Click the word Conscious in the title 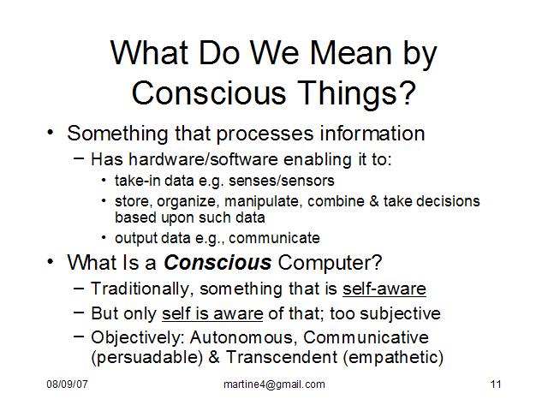click(209, 92)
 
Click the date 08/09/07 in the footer click(67, 384)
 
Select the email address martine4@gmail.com click(274, 384)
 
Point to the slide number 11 click(496, 384)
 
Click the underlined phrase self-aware click(384, 289)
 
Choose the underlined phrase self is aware click(212, 313)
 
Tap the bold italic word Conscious click(217, 262)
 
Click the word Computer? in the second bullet click(330, 263)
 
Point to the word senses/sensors click(282, 181)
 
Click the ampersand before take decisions click(373, 201)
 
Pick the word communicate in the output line click(274, 238)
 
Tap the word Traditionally click(140, 289)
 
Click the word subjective click(400, 313)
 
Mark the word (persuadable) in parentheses click(146, 358)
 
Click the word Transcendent click(282, 357)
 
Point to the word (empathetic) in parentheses click(393, 358)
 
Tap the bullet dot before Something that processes click(51, 133)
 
